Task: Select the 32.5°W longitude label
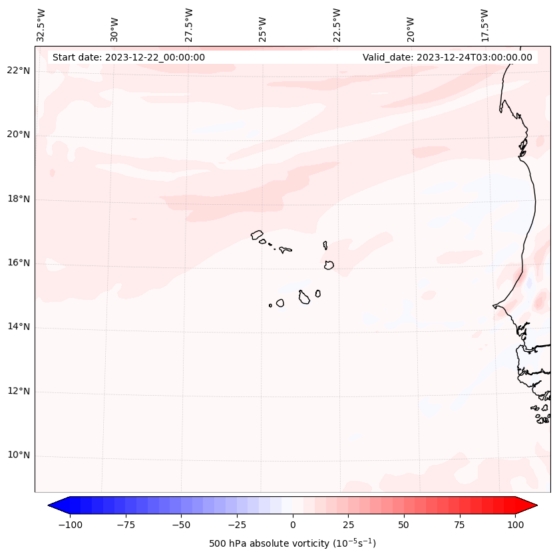pos(42,25)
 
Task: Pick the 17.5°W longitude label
pos(484,25)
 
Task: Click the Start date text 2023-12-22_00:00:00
pos(128,57)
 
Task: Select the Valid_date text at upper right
pos(447,57)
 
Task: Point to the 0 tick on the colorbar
pos(293,525)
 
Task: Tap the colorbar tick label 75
pos(459,525)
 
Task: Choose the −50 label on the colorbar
pos(180,525)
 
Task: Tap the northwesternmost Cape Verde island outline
pos(257,234)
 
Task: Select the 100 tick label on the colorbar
pos(515,525)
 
